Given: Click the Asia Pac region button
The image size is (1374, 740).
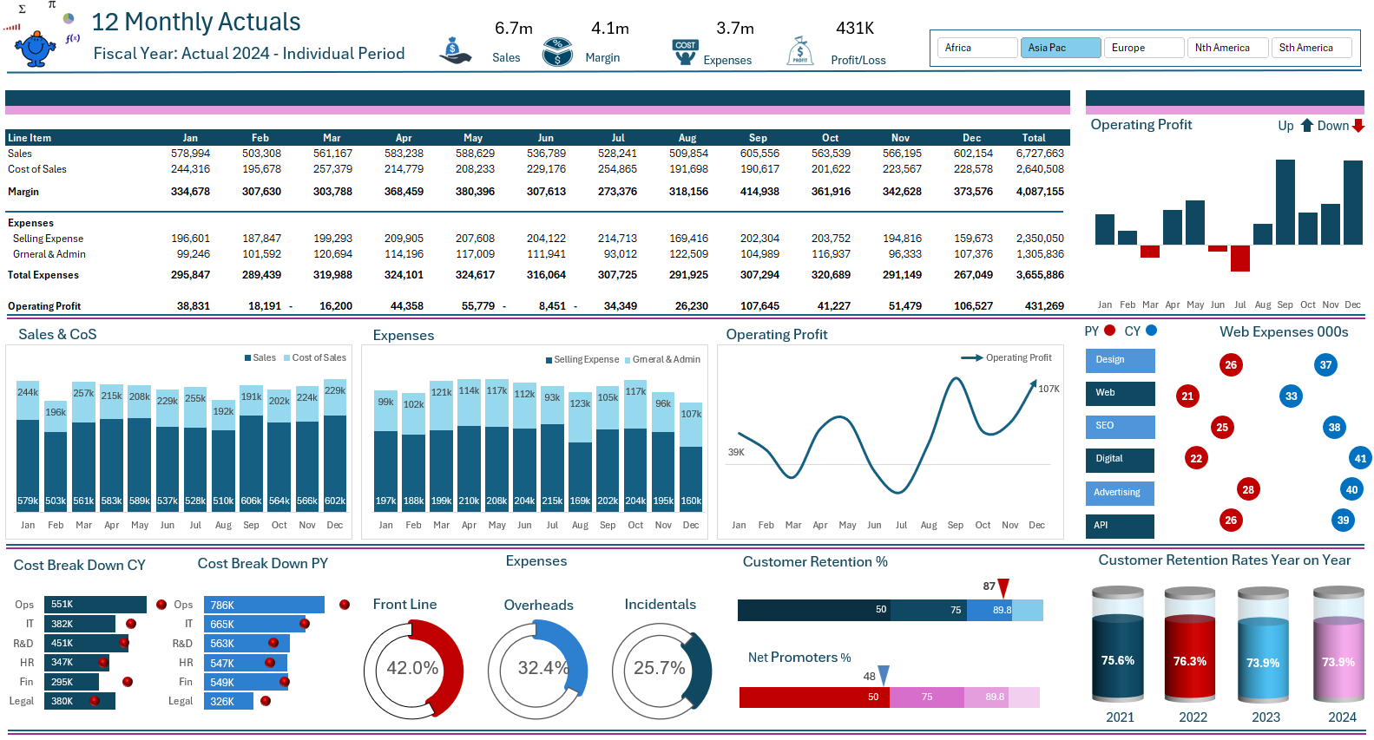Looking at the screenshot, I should click(x=1060, y=48).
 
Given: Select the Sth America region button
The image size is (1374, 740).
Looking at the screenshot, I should click(x=1310, y=48).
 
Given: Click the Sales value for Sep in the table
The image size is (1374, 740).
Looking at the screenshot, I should click(x=759, y=154).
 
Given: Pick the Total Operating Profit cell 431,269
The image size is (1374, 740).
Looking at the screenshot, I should click(x=1044, y=306).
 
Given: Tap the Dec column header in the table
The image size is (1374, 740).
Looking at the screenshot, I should click(x=971, y=138).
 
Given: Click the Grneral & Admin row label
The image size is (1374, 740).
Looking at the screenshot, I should click(x=49, y=254).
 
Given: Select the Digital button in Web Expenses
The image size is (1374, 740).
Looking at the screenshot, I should click(x=1120, y=459).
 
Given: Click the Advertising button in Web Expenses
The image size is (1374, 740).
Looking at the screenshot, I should click(x=1120, y=493).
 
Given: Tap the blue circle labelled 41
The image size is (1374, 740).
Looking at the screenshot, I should click(x=1359, y=458).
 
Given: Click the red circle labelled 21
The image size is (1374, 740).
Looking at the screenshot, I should click(x=1187, y=396).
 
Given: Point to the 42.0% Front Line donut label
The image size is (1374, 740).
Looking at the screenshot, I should click(x=412, y=668).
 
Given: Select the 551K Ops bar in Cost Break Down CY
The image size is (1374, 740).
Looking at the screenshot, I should click(x=95, y=605).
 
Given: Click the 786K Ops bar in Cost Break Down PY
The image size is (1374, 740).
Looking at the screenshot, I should click(x=264, y=606).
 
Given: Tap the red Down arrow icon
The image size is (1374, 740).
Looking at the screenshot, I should click(x=1358, y=126).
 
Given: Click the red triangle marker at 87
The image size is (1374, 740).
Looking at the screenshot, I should click(x=1003, y=587).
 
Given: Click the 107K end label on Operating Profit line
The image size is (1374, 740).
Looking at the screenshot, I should click(x=1049, y=389).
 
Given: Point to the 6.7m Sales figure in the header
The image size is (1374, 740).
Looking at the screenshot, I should click(x=513, y=29).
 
